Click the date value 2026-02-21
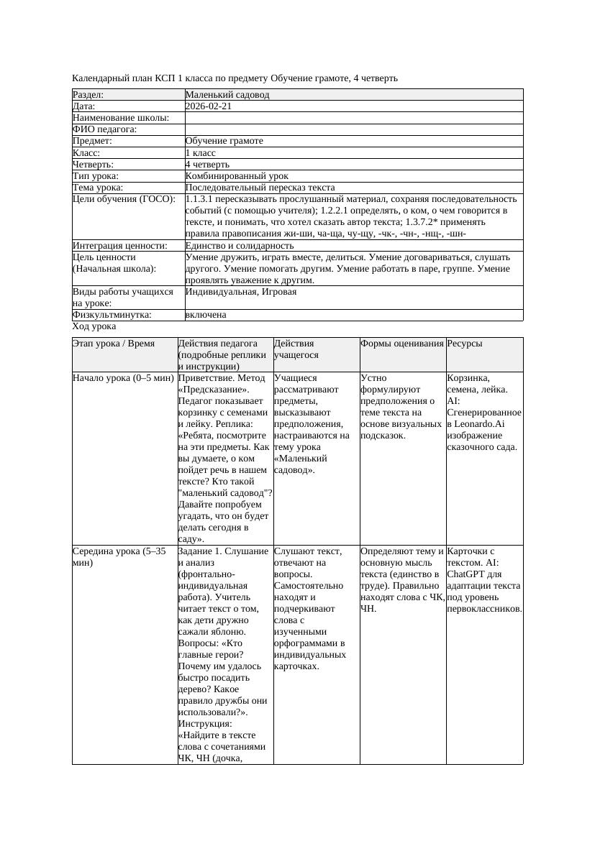[x=208, y=106]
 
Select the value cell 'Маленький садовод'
[x=227, y=95]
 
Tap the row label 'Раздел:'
[x=88, y=95]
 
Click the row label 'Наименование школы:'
[x=121, y=118]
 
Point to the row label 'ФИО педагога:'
[x=105, y=129]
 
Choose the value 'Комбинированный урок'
[x=237, y=176]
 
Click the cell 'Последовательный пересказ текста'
[x=260, y=188]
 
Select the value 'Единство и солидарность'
[x=239, y=246]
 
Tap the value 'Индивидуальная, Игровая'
[x=240, y=292]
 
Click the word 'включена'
[x=206, y=315]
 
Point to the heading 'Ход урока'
[x=94, y=326]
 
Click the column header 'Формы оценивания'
[x=402, y=344]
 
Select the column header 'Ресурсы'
[x=465, y=344]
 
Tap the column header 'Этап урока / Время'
[x=114, y=344]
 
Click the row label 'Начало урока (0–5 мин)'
[x=123, y=377]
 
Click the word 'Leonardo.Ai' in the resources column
[x=479, y=423]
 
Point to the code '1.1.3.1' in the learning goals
[x=199, y=199]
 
